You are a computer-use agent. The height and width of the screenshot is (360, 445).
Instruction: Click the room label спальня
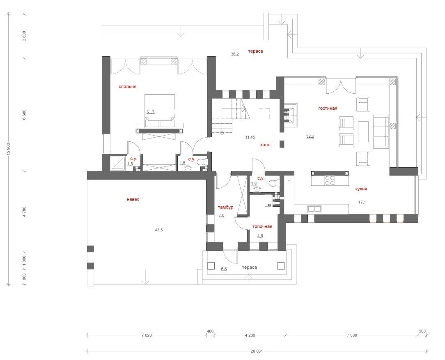click(127, 87)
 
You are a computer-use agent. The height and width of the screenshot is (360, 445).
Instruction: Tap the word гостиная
click(328, 108)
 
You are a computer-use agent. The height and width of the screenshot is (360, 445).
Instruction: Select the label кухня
click(361, 189)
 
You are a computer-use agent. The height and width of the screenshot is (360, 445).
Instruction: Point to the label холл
click(265, 145)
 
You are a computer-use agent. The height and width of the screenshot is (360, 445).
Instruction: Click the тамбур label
click(225, 207)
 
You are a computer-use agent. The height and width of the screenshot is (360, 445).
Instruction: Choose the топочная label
click(262, 226)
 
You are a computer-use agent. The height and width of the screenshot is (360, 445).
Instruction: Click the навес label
click(133, 199)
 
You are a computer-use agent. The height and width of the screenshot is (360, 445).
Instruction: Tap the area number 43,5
click(158, 230)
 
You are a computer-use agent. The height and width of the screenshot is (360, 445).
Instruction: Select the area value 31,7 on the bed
click(150, 112)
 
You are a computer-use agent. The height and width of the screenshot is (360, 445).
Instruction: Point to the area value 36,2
click(235, 54)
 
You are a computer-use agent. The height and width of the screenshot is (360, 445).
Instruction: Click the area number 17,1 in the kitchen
click(362, 202)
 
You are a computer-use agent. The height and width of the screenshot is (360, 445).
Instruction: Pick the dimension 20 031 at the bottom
click(257, 351)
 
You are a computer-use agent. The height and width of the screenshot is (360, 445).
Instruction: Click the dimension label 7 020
click(147, 335)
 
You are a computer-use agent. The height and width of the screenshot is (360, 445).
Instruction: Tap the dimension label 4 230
click(250, 335)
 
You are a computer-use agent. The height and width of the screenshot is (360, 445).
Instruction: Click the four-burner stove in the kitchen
click(330, 181)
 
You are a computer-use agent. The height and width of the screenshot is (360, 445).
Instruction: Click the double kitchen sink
click(314, 209)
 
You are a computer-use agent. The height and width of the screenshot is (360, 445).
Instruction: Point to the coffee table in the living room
click(363, 132)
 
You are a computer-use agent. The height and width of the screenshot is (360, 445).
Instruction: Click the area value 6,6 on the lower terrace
click(224, 269)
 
